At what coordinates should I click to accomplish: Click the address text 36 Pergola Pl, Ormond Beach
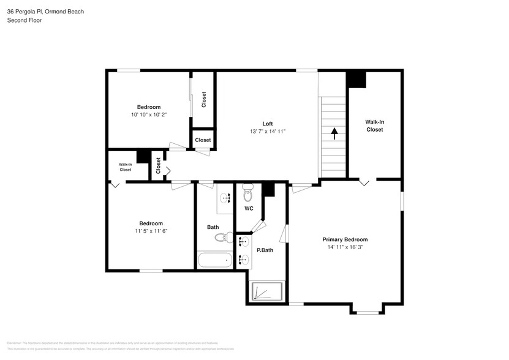point(45,12)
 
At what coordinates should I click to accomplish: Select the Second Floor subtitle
point(24,20)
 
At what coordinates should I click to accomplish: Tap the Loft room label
point(267,122)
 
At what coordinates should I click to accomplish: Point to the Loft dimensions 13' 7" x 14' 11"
point(267,131)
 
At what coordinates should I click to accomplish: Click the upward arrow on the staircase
point(334,133)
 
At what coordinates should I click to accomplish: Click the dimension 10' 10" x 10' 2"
point(148,114)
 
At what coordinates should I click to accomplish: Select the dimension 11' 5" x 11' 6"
point(151,231)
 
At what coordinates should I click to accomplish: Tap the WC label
point(249,209)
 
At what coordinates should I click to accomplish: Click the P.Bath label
point(264,250)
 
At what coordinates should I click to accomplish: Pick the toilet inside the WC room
point(247,193)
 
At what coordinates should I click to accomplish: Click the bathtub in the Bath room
point(215,260)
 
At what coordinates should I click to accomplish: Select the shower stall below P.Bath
point(266,291)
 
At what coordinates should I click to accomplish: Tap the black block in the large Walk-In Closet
point(356,80)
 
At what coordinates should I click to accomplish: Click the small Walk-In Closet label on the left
point(125,167)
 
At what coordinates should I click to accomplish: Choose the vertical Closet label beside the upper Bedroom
point(204,99)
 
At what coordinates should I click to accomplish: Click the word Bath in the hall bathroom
point(213,227)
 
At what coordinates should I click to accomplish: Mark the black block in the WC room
point(268,190)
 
